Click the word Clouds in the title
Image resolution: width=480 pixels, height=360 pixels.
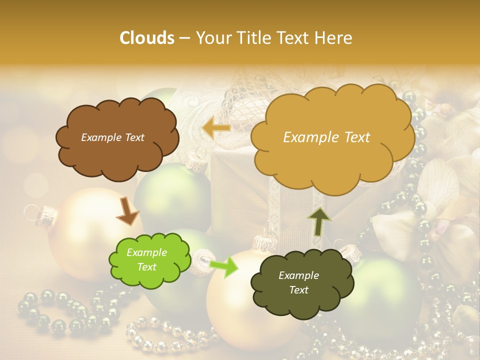[147, 38]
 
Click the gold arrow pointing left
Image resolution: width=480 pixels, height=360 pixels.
[216, 128]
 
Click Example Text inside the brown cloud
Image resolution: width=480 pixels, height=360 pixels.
[112, 137]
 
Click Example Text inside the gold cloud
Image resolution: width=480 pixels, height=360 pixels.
[326, 137]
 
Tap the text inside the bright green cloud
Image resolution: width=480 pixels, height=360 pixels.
[147, 260]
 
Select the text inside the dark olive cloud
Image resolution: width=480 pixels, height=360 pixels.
[298, 282]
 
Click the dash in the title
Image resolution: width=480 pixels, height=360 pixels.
[184, 38]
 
